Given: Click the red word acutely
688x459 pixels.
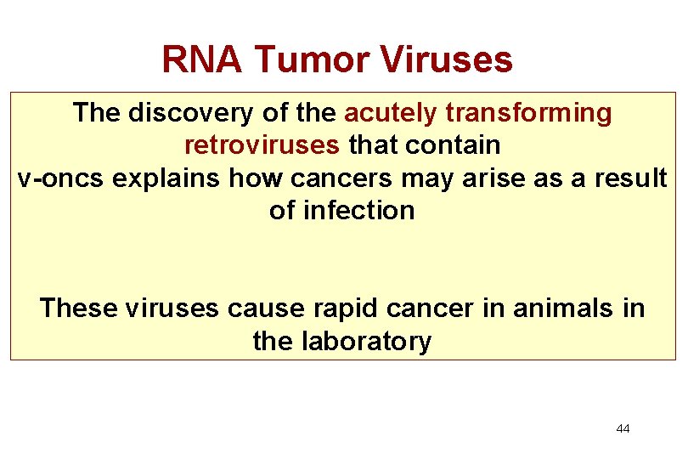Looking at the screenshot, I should coord(391,113).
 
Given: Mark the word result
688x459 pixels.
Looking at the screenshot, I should coord(629,178).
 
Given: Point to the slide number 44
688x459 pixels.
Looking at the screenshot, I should coord(623,428).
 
